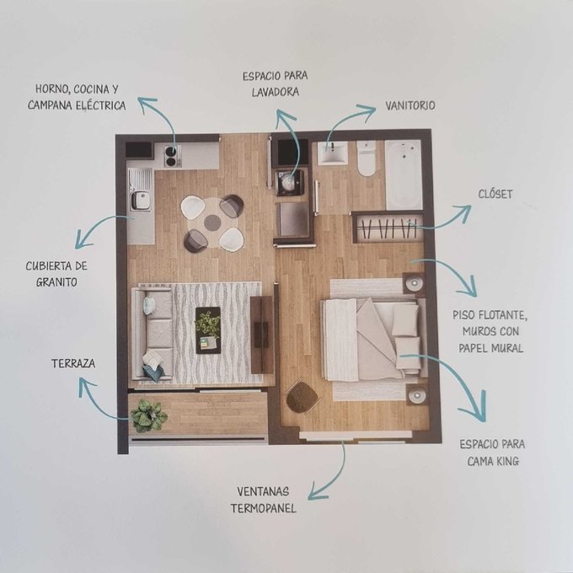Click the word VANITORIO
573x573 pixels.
tap(410, 105)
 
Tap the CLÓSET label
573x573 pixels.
tap(495, 194)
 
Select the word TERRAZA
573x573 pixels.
tap(73, 364)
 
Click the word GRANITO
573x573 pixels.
tap(56, 282)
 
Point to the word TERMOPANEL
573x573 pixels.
tap(263, 508)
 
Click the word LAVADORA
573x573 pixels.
tap(276, 92)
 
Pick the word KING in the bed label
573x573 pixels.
tap(507, 461)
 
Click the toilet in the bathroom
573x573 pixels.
tap(367, 158)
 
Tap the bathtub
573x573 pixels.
tap(404, 175)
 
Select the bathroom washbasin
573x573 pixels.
tap(332, 153)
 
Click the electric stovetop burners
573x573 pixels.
tap(173, 156)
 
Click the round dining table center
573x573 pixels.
tap(212, 222)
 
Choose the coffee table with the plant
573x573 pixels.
tap(208, 330)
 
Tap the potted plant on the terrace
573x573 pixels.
tap(148, 416)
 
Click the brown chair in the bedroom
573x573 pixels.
tap(302, 398)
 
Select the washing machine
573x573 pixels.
tap(289, 182)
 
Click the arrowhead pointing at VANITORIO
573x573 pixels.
tap(368, 110)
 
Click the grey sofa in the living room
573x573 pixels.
tap(153, 334)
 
